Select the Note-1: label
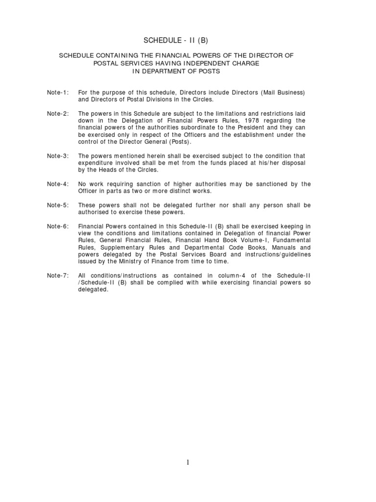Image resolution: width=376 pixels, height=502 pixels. coord(58,92)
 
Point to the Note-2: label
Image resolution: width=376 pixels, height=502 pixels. coord(58,113)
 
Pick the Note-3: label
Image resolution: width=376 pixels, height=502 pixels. coord(58,156)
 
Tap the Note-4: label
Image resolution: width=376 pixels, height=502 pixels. coord(58,184)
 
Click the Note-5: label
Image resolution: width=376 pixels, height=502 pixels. coord(58,205)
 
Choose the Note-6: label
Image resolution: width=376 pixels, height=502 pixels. coord(58,226)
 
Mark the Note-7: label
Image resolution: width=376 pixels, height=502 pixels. coord(58,276)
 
